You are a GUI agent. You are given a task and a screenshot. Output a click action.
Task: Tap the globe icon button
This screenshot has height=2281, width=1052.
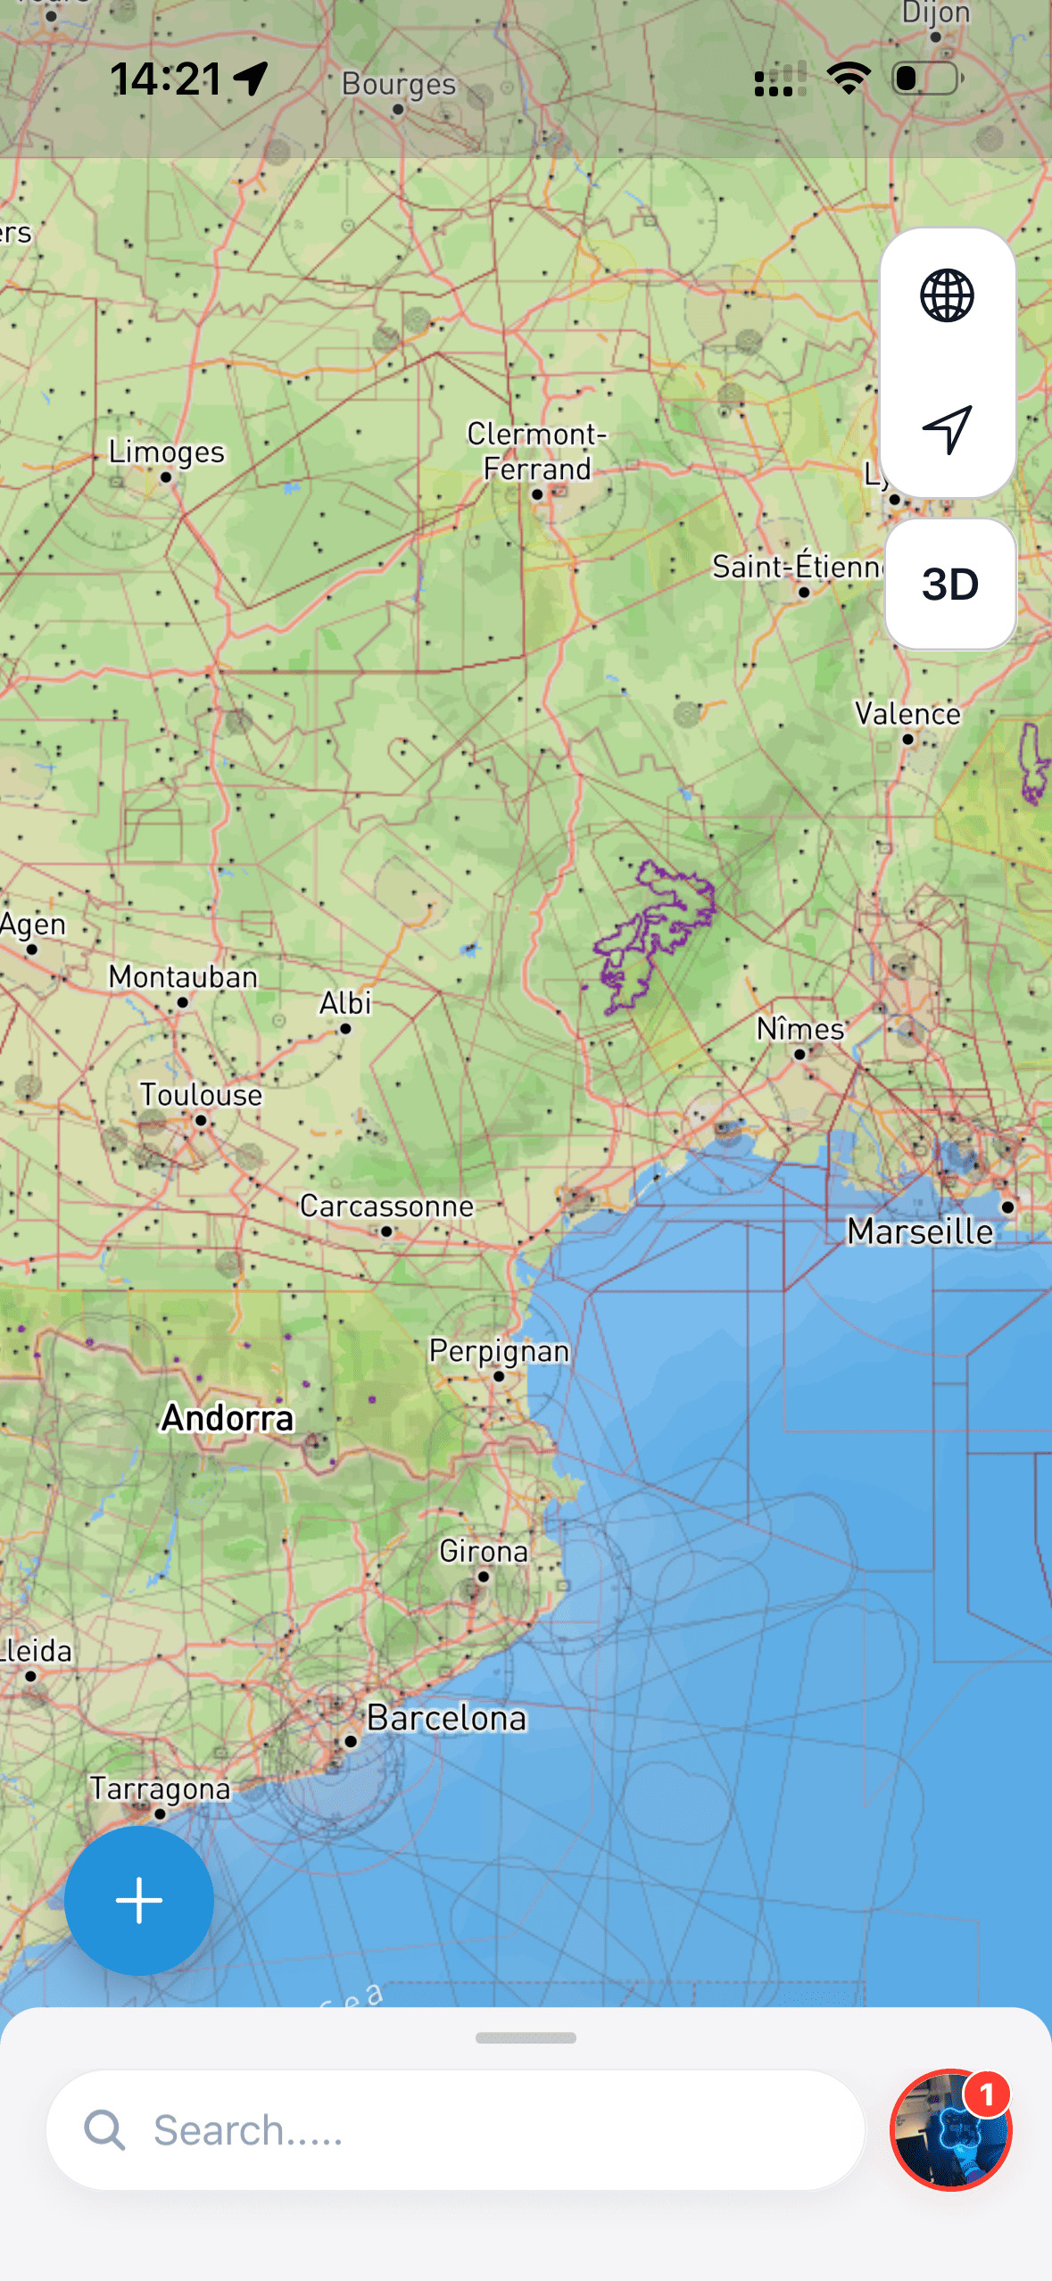click(947, 295)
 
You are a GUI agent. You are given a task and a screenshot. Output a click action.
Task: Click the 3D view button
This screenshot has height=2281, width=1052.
click(950, 585)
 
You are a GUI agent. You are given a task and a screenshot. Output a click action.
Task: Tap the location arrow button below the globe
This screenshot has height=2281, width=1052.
click(947, 430)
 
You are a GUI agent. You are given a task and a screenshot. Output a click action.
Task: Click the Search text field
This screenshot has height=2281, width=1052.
click(455, 2130)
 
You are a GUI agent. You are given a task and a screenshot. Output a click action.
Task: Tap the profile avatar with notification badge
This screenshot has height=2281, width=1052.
click(950, 2130)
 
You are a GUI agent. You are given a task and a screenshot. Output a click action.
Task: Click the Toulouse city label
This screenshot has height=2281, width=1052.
click(201, 1095)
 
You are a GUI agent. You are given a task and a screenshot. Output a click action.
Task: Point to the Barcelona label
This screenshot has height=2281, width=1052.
click(446, 1718)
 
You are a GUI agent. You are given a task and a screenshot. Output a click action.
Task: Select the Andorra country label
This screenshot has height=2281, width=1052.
click(228, 1418)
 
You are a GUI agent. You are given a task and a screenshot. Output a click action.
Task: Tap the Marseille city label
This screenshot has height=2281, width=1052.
click(920, 1232)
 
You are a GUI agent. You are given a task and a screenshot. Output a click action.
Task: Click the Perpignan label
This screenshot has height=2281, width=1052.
click(499, 1351)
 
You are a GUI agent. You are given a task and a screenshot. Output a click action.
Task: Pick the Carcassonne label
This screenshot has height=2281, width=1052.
click(386, 1207)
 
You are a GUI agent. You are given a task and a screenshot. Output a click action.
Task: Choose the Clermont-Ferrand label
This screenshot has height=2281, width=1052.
click(537, 452)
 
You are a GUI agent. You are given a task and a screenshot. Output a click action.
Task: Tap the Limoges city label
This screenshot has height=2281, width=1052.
click(167, 452)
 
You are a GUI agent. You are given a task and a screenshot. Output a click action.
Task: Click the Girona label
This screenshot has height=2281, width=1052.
click(484, 1552)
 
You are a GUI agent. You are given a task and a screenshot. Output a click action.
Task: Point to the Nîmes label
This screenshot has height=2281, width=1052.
click(800, 1029)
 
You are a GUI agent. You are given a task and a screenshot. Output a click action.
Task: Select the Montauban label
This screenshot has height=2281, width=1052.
click(183, 977)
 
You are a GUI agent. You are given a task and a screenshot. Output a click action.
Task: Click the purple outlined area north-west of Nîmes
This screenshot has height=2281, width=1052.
click(656, 928)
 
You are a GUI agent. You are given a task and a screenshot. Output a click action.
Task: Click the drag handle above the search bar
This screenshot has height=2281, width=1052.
click(526, 2038)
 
